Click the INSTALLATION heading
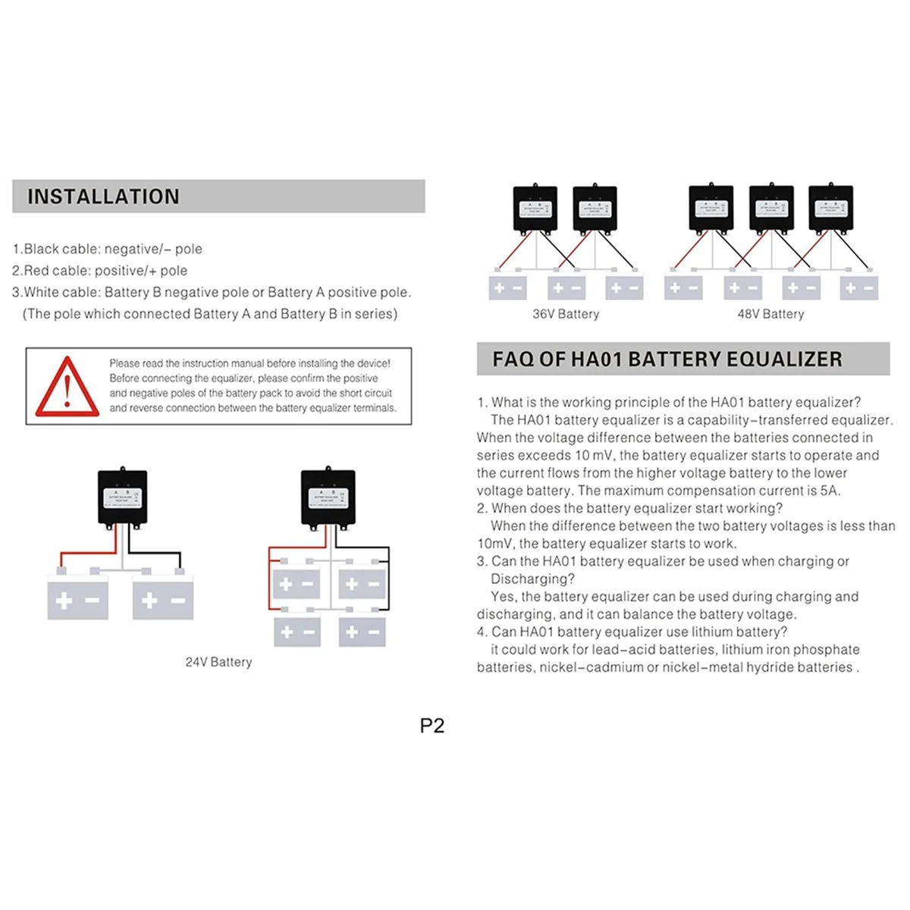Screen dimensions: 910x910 [x=104, y=196]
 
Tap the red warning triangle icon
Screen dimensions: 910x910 [x=67, y=387]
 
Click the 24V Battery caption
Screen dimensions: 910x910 [x=218, y=662]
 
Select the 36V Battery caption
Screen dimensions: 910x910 [x=566, y=314]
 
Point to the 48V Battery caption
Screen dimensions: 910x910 [x=770, y=314]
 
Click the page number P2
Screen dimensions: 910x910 [x=432, y=726]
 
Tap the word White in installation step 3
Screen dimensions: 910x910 [x=44, y=293]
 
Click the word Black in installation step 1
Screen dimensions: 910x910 [x=42, y=249]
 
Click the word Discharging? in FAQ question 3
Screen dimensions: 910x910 [x=532, y=579]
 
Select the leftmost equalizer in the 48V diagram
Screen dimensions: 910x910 [x=711, y=208]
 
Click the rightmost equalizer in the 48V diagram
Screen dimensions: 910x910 [x=831, y=208]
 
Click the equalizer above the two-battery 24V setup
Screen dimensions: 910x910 [x=123, y=497]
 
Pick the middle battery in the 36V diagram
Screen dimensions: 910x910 [x=566, y=288]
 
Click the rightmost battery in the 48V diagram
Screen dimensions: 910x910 [x=859, y=288]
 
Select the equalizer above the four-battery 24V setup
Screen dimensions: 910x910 [x=328, y=497]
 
